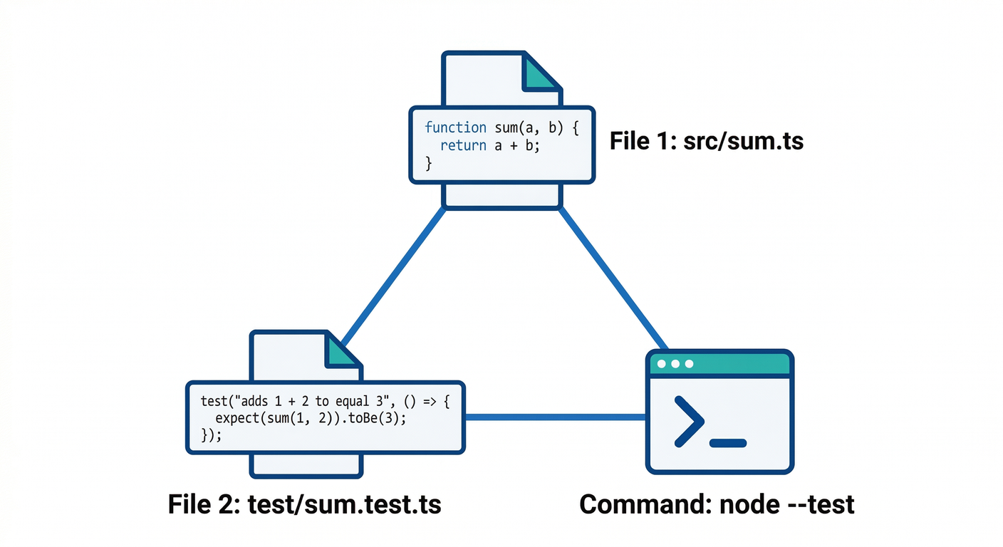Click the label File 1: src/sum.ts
[706, 141]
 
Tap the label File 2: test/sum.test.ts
[305, 504]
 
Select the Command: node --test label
[717, 504]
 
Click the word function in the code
[455, 127]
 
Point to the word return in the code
[463, 146]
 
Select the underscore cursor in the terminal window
[728, 443]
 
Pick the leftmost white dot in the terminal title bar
[662, 364]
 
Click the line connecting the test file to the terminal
[556, 417]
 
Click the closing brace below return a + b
[429, 164]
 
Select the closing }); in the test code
[212, 435]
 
